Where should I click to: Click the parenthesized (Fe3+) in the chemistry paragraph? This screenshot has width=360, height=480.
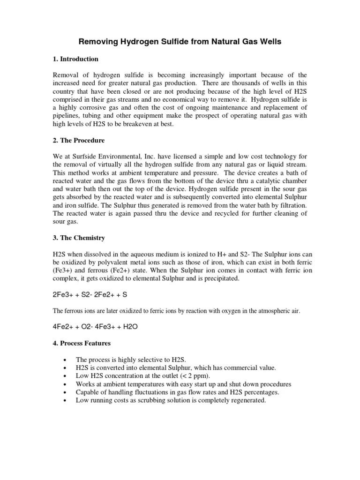64,270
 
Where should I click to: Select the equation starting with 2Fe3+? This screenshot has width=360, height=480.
89,294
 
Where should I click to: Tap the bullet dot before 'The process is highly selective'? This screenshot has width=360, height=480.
63,360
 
